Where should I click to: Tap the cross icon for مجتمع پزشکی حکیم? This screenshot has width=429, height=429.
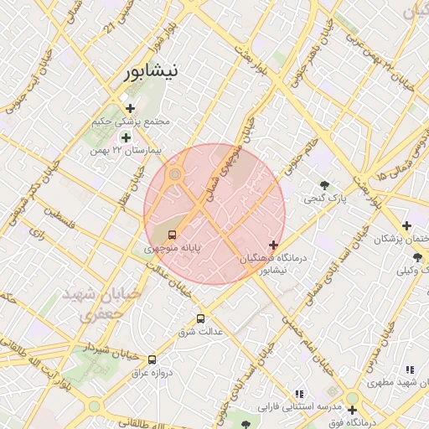pyautogui.click(x=129, y=107)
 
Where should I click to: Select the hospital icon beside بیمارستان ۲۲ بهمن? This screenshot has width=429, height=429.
pyautogui.click(x=126, y=137)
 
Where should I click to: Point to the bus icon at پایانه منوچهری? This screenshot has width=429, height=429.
pyautogui.click(x=172, y=235)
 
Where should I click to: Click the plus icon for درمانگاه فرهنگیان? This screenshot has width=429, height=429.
pyautogui.click(x=273, y=245)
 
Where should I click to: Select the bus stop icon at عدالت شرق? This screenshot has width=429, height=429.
pyautogui.click(x=199, y=318)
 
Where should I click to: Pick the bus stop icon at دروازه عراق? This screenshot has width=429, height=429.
pyautogui.click(x=152, y=359)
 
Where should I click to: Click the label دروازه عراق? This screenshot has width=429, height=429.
pyautogui.click(x=154, y=372)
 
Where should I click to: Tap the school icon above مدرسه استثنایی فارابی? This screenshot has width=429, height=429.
pyautogui.click(x=299, y=394)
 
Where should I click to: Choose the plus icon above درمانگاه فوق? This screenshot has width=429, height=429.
pyautogui.click(x=353, y=411)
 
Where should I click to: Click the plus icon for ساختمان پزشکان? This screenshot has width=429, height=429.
pyautogui.click(x=406, y=225)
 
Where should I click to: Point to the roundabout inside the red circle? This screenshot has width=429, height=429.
pyautogui.click(x=175, y=175)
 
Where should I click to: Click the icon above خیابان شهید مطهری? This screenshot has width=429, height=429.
pyautogui.click(x=409, y=369)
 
